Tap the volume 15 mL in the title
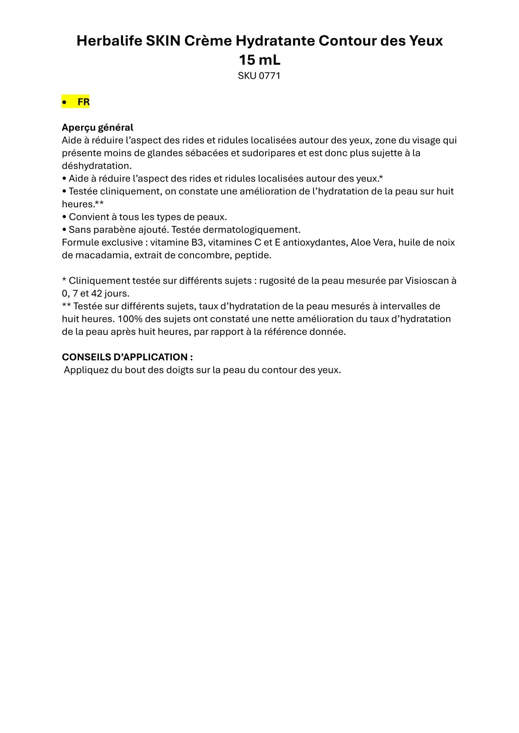point(259,59)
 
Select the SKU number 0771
point(270,76)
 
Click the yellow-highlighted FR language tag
point(83,102)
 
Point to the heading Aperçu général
point(97,128)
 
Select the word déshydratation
point(96,166)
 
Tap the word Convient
point(85,217)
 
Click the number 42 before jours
point(97,293)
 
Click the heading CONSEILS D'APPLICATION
point(127,357)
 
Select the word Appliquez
point(84,370)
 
